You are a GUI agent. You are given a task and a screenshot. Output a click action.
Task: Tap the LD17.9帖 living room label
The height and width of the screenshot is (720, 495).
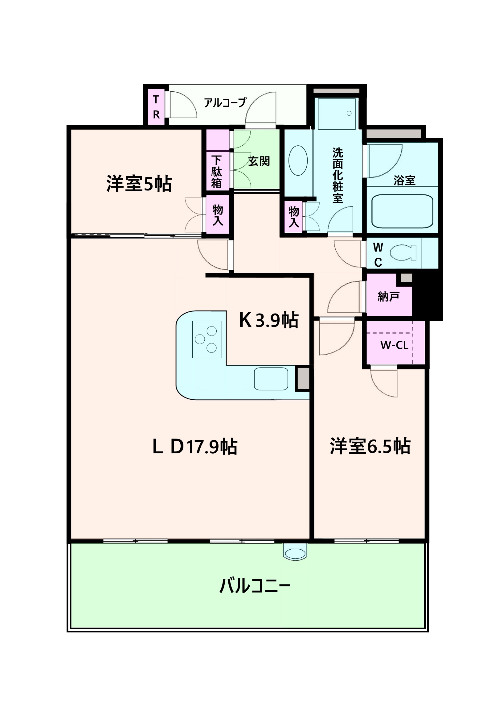[195, 447]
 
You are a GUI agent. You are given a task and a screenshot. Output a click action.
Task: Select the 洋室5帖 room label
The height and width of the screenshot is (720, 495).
[139, 184]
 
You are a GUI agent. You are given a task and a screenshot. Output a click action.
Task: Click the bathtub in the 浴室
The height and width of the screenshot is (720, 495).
[402, 211]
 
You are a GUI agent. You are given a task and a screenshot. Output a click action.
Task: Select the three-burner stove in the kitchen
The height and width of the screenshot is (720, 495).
[207, 339]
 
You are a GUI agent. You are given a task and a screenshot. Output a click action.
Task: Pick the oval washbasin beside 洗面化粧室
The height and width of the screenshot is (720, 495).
[298, 160]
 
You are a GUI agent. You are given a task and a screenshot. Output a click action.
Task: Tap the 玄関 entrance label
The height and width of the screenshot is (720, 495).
[259, 161]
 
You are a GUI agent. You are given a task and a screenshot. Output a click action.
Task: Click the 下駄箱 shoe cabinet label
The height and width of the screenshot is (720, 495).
[216, 172]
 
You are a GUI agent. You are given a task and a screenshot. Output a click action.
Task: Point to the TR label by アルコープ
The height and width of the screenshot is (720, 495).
[156, 107]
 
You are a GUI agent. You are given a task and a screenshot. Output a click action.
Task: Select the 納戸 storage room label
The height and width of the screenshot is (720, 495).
[388, 297]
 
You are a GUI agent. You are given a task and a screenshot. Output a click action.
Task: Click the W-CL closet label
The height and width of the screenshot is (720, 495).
[394, 345]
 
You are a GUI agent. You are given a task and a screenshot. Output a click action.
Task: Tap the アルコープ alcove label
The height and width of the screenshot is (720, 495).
[225, 102]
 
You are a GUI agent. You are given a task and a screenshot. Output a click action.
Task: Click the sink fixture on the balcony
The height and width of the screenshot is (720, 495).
[296, 554]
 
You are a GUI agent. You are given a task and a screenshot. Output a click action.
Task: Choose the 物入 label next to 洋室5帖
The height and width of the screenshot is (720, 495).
[217, 215]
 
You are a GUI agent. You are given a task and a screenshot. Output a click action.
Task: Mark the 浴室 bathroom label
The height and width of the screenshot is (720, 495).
[404, 181]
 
